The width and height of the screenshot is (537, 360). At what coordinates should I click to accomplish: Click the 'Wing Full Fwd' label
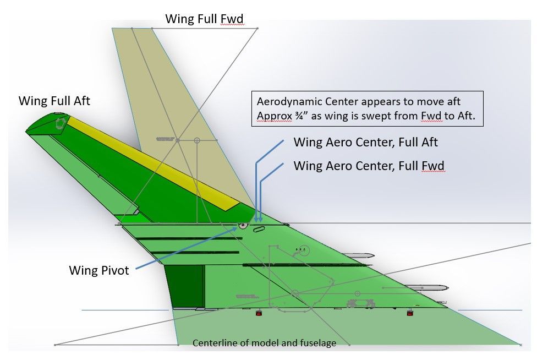coord(204,19)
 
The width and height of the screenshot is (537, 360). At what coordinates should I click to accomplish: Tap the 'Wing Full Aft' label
coord(54,101)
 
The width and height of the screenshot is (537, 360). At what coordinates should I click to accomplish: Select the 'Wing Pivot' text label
coord(99,270)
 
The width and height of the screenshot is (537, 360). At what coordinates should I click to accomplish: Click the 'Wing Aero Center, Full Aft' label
coord(365,142)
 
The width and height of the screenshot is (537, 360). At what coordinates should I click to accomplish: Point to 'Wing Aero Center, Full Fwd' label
coord(369,165)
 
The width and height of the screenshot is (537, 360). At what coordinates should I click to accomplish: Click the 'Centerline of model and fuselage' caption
coord(264,343)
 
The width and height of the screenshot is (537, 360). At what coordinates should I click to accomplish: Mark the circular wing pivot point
coord(242,225)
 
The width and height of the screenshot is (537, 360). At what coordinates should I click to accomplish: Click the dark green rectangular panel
coord(184,286)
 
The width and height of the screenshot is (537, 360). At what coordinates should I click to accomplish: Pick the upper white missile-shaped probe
coord(360,255)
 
